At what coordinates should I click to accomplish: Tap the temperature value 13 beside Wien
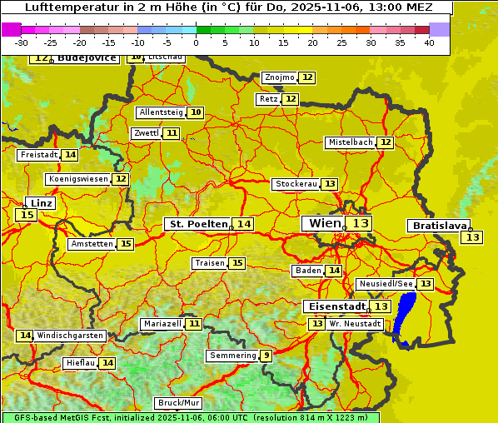[360, 223]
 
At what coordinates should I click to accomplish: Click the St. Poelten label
[198, 224]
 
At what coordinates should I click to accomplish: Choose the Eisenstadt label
[334, 306]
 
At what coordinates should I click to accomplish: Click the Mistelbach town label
[350, 142]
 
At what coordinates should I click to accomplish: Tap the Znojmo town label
[279, 77]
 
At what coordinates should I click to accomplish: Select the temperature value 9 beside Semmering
[266, 356]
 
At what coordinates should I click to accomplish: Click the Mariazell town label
[162, 323]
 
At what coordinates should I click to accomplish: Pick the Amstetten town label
[92, 244]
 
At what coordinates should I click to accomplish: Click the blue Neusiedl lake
[406, 319]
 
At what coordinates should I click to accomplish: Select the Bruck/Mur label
[179, 403]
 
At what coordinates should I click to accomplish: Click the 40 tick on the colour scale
[429, 42]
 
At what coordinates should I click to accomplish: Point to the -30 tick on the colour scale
[22, 42]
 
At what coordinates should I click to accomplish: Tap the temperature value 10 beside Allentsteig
[196, 112]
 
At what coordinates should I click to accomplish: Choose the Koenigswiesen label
[78, 179]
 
